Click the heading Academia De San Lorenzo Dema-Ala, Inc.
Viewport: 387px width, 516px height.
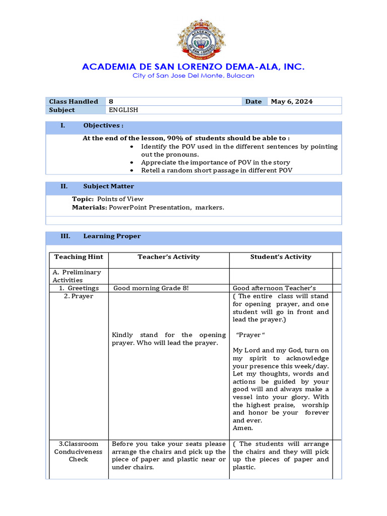(193, 67)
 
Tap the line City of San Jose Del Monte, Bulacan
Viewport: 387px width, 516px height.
(193, 76)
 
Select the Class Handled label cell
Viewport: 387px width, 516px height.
(74, 101)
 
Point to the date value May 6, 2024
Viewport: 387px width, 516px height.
(292, 101)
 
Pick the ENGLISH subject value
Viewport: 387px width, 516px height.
(123, 110)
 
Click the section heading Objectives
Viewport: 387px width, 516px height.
(103, 125)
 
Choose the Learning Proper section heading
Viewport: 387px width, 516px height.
(112, 236)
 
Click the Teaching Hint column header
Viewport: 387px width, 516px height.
(79, 257)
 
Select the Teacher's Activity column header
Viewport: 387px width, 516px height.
(169, 257)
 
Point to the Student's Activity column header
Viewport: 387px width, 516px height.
(281, 257)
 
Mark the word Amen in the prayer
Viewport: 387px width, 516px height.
(243, 428)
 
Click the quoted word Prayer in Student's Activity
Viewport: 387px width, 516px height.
(250, 335)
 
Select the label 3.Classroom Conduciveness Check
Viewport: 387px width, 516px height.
(78, 451)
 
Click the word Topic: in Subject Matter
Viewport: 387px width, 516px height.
(83, 199)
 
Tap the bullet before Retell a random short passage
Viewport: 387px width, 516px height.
(132, 170)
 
